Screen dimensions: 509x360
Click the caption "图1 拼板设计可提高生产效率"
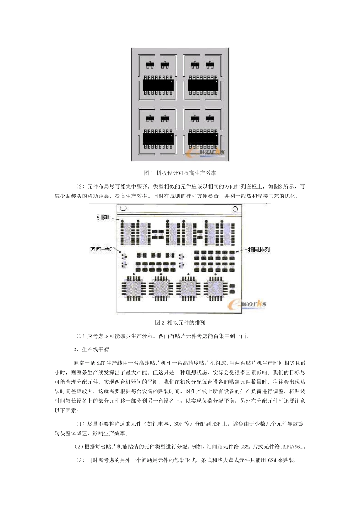(180, 173)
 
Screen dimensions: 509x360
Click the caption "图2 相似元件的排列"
(180, 323)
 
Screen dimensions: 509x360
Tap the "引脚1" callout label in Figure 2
(103, 217)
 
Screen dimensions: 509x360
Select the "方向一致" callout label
(101, 249)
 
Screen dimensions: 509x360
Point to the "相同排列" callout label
(258, 250)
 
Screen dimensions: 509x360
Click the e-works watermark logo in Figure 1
(206, 152)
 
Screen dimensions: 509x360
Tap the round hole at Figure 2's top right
(235, 209)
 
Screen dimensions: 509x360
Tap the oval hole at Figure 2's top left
(123, 209)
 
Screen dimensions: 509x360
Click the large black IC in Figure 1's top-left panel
(158, 85)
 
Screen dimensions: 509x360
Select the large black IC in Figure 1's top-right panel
(203, 85)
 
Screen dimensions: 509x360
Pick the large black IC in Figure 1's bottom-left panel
(158, 139)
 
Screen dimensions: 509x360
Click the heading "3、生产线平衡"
(91, 349)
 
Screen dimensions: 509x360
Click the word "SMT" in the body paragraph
(100, 363)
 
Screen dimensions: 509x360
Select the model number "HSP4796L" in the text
(292, 447)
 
